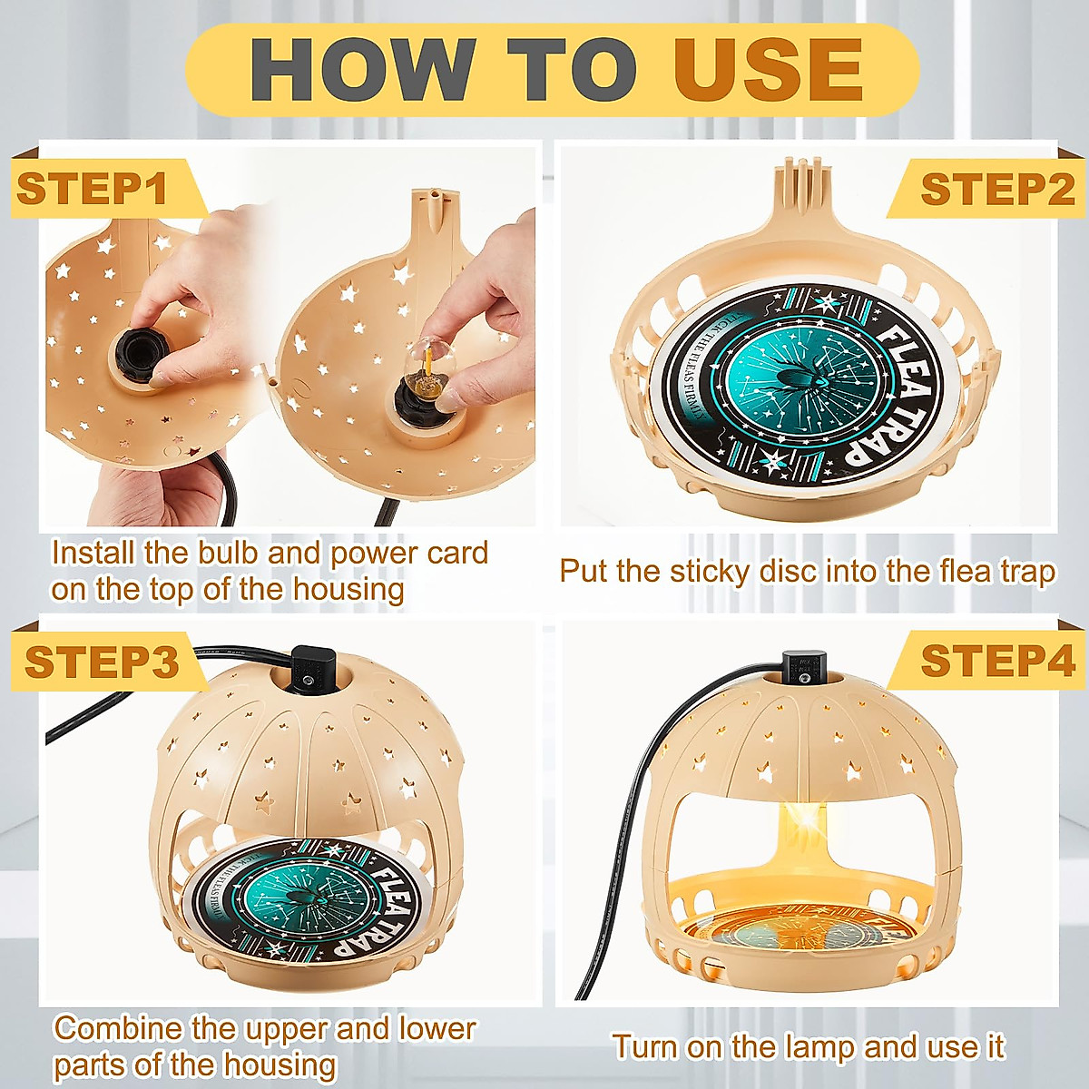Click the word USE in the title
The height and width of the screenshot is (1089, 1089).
click(x=767, y=70)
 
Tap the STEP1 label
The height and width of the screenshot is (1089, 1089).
click(x=93, y=190)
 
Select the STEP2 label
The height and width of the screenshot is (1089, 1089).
click(x=996, y=190)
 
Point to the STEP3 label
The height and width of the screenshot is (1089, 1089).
click(x=101, y=662)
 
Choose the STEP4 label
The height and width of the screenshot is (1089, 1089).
click(x=996, y=661)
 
